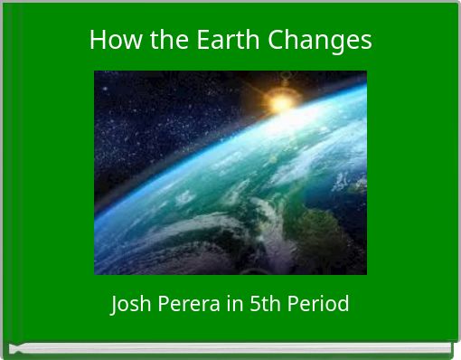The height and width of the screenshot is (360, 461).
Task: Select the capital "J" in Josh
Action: tap(115, 304)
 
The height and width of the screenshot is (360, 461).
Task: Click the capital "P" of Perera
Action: tap(165, 304)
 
